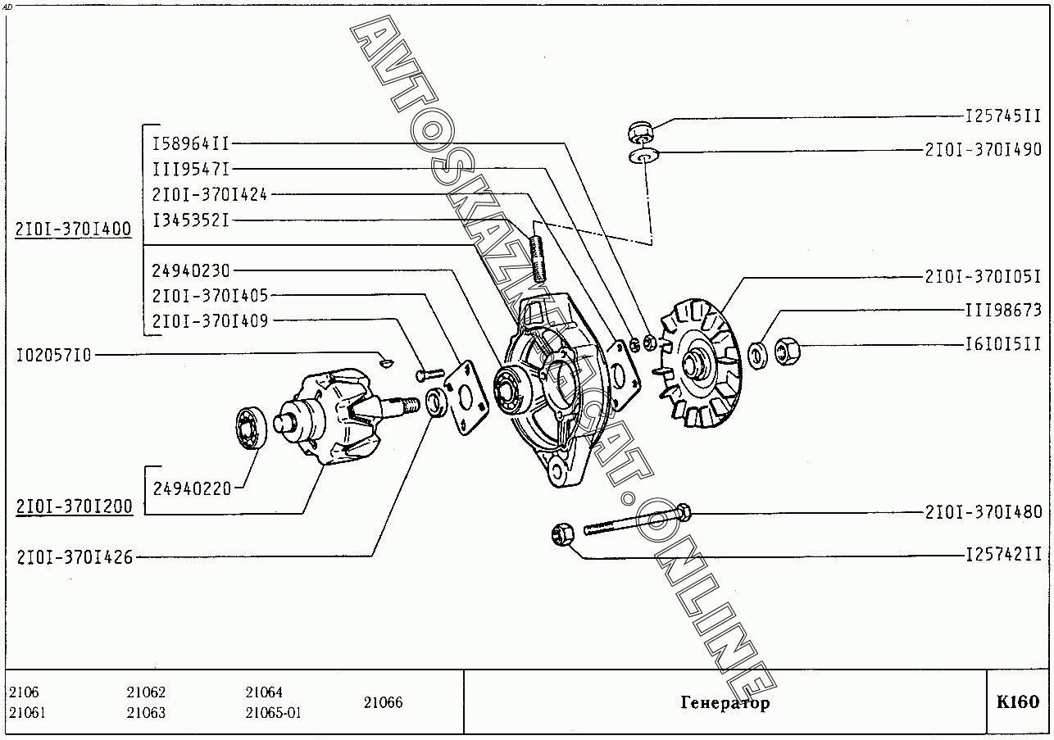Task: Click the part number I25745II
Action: [x=1002, y=117]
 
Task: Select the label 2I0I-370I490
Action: [x=983, y=150]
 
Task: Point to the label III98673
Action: [x=1002, y=311]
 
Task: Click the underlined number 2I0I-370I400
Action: [x=73, y=229]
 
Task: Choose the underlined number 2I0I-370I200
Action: [x=73, y=506]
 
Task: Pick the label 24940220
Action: [x=192, y=489]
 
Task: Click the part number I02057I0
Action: [x=54, y=355]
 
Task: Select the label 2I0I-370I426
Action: [x=73, y=557]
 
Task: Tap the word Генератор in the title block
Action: [x=725, y=703]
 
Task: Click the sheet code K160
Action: [x=1018, y=702]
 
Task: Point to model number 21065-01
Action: [x=273, y=713]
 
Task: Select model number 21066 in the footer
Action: [x=383, y=702]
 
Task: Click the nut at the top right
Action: [x=640, y=130]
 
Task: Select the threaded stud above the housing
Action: [x=538, y=257]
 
